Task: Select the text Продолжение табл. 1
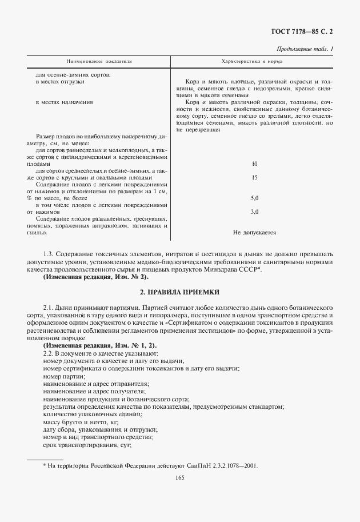click(305, 49)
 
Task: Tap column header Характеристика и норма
click(254, 61)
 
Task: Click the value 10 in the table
click(254, 164)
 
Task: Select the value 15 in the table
click(254, 177)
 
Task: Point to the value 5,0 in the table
click(254, 198)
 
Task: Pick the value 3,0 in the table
click(254, 212)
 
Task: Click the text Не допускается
click(254, 233)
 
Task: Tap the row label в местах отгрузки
click(60, 82)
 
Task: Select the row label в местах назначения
click(64, 102)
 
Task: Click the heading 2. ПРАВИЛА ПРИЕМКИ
click(180, 292)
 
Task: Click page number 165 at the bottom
click(180, 480)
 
